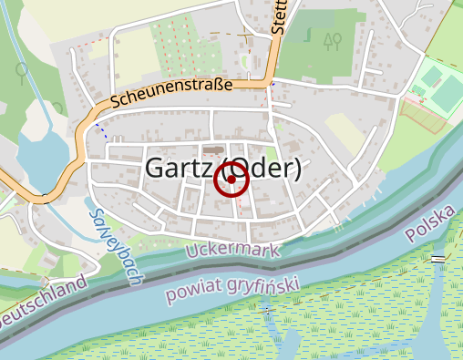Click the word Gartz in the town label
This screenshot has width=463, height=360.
(x=179, y=170)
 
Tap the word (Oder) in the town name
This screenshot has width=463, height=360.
(x=262, y=170)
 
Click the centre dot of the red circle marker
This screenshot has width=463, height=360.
(x=231, y=180)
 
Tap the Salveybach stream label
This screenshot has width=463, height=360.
(x=114, y=245)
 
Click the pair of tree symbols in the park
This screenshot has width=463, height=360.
(x=332, y=40)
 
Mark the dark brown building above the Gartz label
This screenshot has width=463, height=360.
(x=212, y=150)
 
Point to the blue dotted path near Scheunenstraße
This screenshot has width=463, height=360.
(x=100, y=129)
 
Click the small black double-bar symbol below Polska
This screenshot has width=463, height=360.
(x=439, y=259)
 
